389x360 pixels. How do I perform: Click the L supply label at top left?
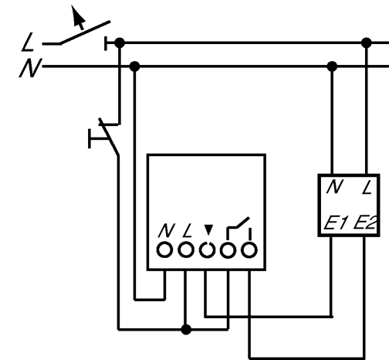(28, 42)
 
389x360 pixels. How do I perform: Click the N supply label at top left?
(30, 68)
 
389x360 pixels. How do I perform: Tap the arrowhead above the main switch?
(77, 15)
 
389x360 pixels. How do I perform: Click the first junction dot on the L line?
(120, 42)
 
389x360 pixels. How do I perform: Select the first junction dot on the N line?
(135, 66)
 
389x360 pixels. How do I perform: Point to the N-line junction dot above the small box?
(332, 66)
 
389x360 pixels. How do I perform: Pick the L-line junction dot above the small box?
(367, 42)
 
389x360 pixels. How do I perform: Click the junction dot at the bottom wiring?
(186, 329)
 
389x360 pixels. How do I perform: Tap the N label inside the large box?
(167, 230)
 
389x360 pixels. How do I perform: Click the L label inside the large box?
(188, 230)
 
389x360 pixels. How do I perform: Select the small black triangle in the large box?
(208, 229)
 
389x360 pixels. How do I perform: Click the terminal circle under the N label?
(164, 250)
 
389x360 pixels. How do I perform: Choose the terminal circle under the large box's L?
(186, 250)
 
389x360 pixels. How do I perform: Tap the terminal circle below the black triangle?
(207, 250)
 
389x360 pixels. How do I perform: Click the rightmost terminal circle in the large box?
(249, 250)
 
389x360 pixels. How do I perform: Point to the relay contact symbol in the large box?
(238, 229)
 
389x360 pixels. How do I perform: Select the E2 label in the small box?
(366, 222)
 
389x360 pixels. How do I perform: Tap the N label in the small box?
(335, 187)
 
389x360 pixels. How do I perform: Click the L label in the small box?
(367, 187)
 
